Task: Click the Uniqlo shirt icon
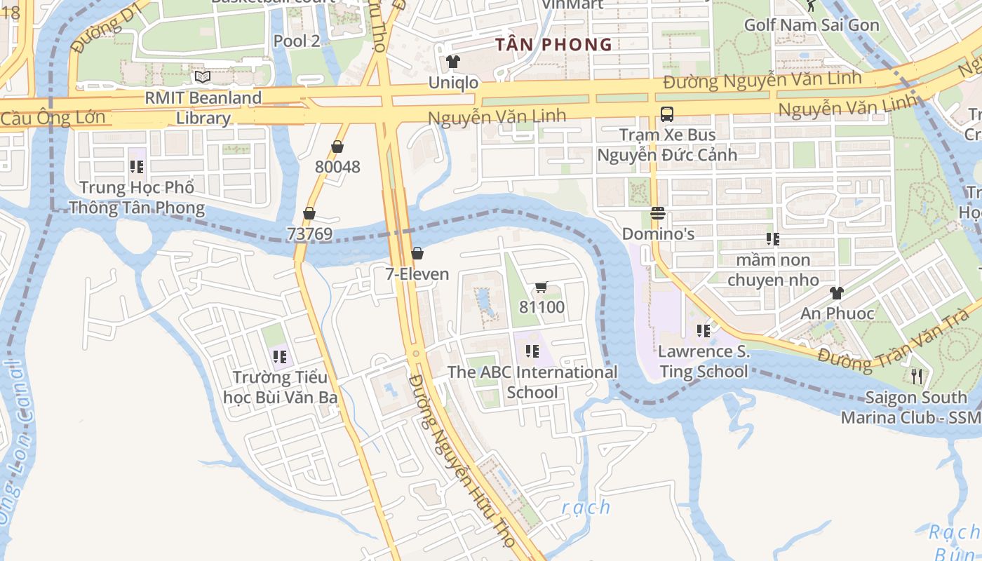point(452,62)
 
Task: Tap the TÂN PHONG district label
point(553,45)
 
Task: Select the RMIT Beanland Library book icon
point(203,76)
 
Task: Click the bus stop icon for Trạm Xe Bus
point(666,114)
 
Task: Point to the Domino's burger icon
point(657,213)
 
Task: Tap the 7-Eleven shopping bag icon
point(417,253)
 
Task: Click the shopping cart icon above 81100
point(541,287)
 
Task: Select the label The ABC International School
point(532,382)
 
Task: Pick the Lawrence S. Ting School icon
point(704,331)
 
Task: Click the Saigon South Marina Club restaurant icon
point(916,377)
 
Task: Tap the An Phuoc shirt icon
point(836,293)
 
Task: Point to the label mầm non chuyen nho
point(772,270)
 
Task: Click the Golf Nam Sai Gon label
point(811,25)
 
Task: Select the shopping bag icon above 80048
point(337,147)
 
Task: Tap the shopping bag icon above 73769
point(309,213)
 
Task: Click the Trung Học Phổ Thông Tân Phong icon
point(136,167)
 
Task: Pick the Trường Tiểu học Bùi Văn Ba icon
point(280,357)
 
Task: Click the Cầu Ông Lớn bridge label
point(53,118)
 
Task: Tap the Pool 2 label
point(296,41)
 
